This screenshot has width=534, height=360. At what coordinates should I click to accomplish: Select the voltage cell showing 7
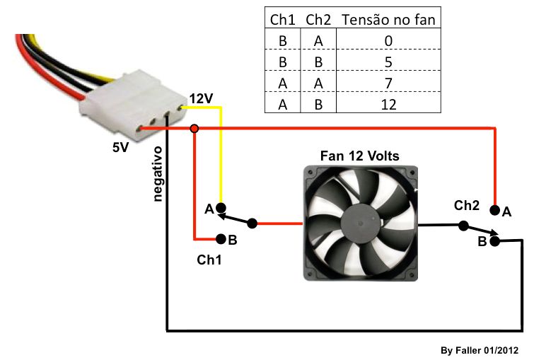pos(388,83)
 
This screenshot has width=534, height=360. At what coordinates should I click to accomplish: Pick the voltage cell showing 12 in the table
pos(388,104)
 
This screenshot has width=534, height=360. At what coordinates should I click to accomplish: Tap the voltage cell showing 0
pos(388,40)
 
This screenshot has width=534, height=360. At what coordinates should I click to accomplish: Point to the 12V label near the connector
pos(201,98)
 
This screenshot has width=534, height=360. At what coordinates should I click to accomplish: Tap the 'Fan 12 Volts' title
pos(360,156)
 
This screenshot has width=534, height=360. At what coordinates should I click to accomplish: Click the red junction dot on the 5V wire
pos(195,129)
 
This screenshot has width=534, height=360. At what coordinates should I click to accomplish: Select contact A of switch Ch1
pos(221,208)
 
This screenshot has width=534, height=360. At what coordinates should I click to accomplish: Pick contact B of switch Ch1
pos(221,239)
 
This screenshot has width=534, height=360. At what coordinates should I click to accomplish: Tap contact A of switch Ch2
pos(495,210)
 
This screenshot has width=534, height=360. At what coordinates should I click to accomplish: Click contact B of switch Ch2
pos(495,241)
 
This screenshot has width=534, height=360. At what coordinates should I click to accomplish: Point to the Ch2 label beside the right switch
pos(467,206)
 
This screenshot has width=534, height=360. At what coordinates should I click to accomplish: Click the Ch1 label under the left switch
pos(209,260)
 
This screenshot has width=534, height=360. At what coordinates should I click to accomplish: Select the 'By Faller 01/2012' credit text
pos(480,350)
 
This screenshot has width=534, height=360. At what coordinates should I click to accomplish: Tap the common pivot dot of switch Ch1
pos(253,223)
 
